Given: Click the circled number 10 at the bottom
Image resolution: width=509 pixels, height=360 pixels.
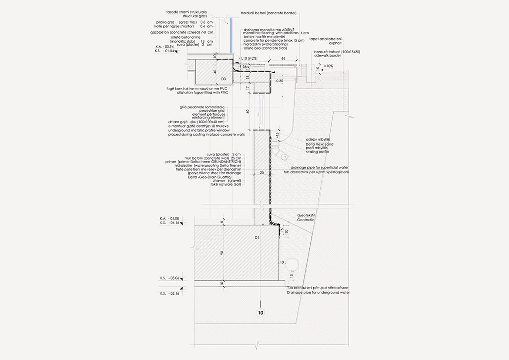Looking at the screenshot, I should pyautogui.click(x=261, y=313).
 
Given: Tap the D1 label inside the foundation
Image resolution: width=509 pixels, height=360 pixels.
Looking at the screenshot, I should pyautogui.click(x=257, y=238).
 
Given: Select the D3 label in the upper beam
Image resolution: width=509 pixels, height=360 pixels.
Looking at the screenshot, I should pyautogui.click(x=223, y=79).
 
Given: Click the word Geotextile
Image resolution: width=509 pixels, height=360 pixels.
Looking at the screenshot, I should pyautogui.click(x=306, y=220).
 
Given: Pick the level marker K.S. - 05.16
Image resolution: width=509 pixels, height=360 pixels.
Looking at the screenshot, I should pyautogui.click(x=170, y=293).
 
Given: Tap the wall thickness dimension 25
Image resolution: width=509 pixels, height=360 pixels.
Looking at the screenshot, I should pyautogui.click(x=262, y=172).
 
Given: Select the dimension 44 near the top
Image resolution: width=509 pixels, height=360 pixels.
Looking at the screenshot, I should pyautogui.click(x=283, y=58).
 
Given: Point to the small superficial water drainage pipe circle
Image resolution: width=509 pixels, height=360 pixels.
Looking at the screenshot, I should pyautogui.click(x=283, y=157).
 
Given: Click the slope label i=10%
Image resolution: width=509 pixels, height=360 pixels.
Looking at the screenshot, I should pyautogui.click(x=328, y=66).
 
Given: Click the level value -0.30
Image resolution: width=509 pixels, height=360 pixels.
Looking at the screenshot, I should pyautogui.click(x=279, y=81).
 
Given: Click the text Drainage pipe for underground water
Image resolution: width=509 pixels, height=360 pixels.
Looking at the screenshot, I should pyautogui.click(x=318, y=293).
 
